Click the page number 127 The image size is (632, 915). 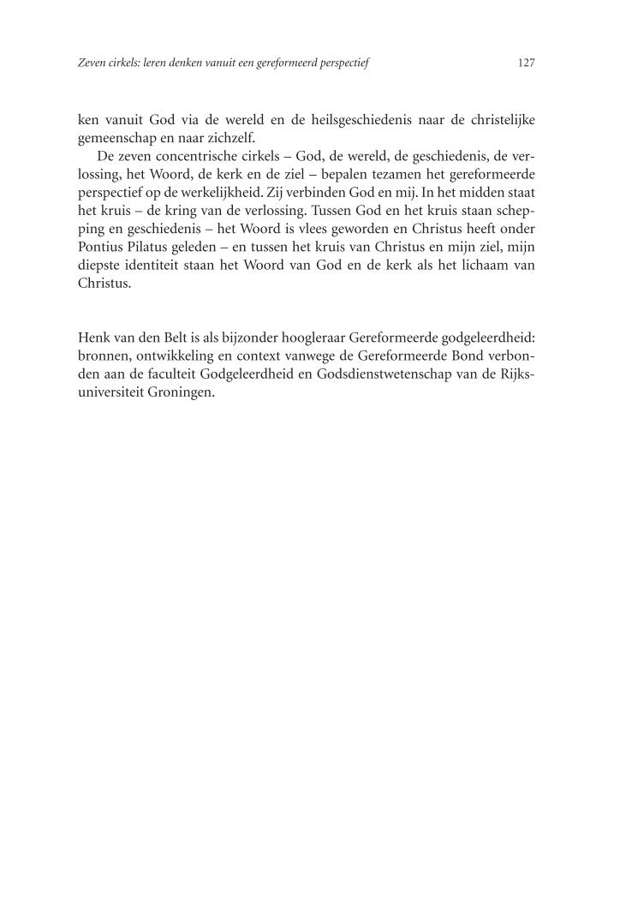[527, 63]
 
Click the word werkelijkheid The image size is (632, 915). [230, 194]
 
